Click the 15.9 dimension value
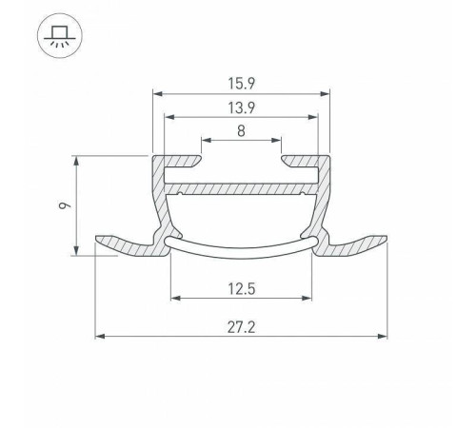(241, 83)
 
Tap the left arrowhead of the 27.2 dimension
(100, 336)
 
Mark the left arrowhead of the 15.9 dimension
(158, 94)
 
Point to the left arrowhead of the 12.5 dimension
(174, 299)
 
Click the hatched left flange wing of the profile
(129, 245)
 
